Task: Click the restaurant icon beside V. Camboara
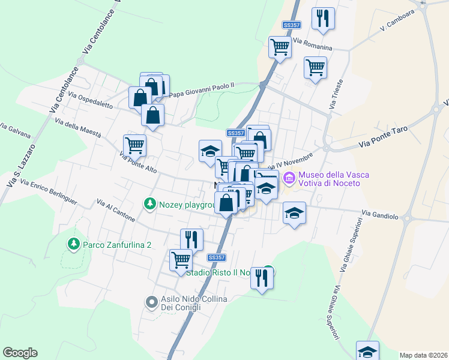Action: coord(323,18)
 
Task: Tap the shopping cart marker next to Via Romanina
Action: coord(280,47)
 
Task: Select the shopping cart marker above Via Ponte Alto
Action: coord(134,145)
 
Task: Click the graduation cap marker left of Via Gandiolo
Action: coord(294,214)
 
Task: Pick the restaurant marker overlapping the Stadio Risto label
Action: coord(262,278)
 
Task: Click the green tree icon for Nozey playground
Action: coord(149,204)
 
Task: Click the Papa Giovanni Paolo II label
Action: coord(202,89)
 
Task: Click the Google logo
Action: coord(20,353)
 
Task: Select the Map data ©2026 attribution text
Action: coord(423,355)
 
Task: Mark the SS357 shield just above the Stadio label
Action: coord(217,257)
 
